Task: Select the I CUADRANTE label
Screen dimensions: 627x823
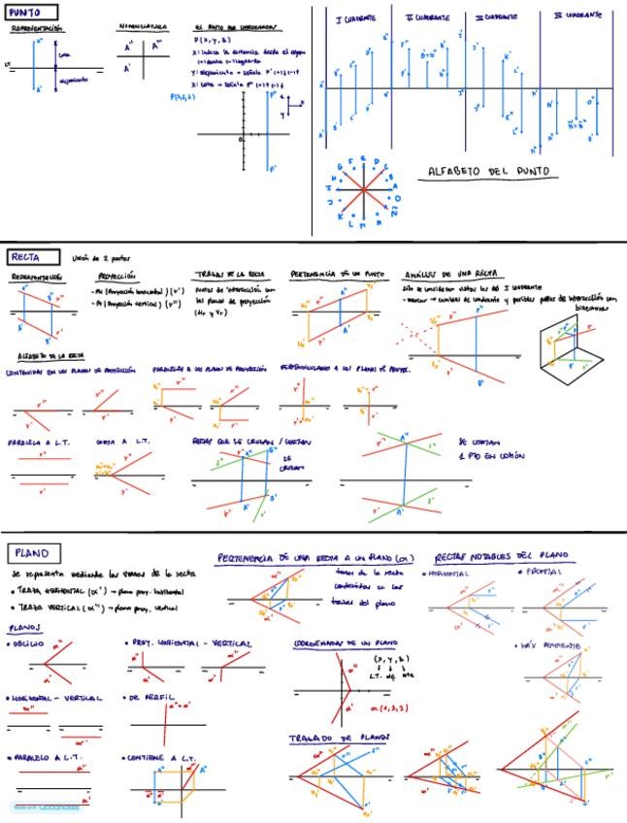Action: coord(354,18)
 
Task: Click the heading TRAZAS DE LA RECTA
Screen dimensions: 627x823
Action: coord(227,276)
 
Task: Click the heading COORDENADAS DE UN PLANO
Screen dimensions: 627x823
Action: coord(334,643)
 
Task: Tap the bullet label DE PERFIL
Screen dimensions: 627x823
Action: coord(150,697)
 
